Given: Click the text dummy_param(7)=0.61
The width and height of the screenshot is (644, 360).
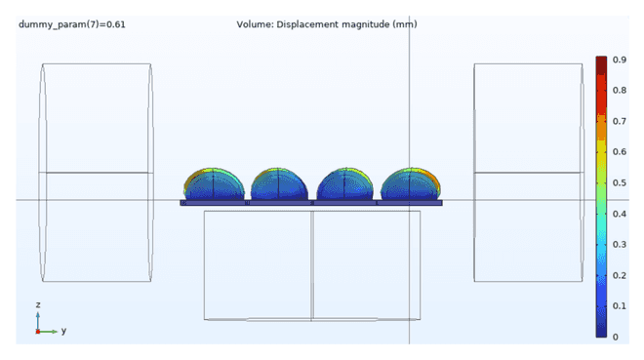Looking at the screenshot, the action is (x=72, y=24).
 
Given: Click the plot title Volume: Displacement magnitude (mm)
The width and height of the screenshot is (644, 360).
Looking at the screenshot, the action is (x=327, y=24).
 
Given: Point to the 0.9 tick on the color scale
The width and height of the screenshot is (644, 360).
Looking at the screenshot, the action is (x=620, y=60).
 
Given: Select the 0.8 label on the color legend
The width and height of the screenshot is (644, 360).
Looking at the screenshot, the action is (x=620, y=91).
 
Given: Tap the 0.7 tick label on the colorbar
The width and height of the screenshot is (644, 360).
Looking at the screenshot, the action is (x=620, y=121).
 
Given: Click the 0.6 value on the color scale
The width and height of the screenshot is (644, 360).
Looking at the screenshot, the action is (x=620, y=152).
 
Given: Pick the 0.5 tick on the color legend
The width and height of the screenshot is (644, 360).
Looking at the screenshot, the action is (x=620, y=182).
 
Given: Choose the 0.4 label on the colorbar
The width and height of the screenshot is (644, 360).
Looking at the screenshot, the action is (x=620, y=214).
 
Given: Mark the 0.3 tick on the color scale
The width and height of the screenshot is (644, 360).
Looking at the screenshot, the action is (x=620, y=244).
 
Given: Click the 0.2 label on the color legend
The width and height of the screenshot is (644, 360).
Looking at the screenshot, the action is (x=620, y=275).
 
